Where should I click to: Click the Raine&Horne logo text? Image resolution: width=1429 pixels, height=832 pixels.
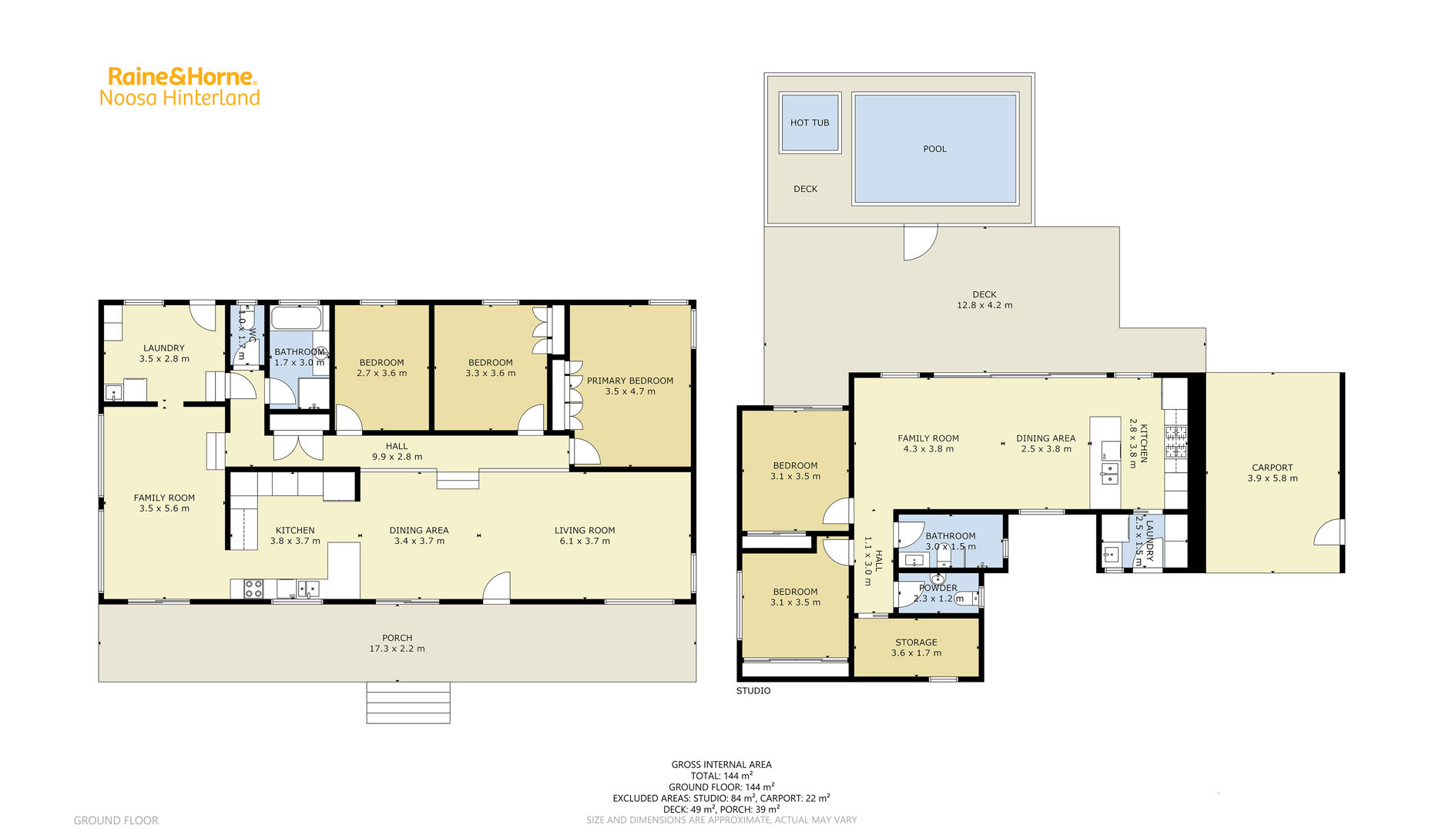point(182,76)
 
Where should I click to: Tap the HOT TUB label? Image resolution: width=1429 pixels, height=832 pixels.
point(810,122)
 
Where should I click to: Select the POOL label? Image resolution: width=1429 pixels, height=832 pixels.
point(935,149)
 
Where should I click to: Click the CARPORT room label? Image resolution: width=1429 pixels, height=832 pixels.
point(1273,468)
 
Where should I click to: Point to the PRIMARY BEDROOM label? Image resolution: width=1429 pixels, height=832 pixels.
point(630,381)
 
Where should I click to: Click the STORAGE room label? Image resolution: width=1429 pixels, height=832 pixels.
point(916,642)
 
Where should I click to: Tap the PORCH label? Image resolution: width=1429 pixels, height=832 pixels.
point(398,638)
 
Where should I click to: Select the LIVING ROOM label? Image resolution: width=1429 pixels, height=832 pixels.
point(585,530)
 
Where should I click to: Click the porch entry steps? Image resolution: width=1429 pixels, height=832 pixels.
point(408,703)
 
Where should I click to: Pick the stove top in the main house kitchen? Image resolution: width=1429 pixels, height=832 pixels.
point(254,589)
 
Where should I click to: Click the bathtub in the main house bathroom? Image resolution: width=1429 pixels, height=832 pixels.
point(297,318)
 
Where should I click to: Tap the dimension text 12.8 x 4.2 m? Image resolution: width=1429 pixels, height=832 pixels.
point(985,305)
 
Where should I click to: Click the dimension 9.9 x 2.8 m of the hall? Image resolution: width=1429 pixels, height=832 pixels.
point(397,457)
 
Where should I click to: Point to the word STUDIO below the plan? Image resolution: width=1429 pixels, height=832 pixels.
point(753,691)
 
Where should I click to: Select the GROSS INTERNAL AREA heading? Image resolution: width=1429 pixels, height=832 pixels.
point(721,765)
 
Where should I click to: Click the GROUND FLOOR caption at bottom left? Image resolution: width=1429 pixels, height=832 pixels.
point(116,820)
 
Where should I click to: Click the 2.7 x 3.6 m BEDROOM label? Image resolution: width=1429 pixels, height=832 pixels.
point(381,367)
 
